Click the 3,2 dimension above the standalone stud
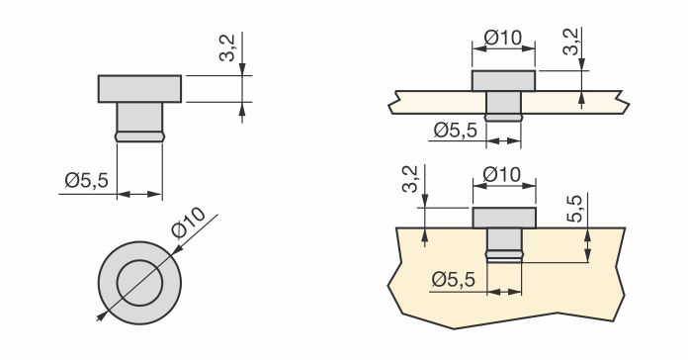(227, 47)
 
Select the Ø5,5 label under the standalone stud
(86, 180)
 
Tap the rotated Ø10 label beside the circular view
(188, 223)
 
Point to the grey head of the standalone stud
(139, 89)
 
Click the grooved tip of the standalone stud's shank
(139, 136)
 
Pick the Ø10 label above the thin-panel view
(503, 38)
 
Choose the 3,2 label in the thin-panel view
(570, 43)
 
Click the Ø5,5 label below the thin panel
(456, 130)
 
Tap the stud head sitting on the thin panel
(503, 80)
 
